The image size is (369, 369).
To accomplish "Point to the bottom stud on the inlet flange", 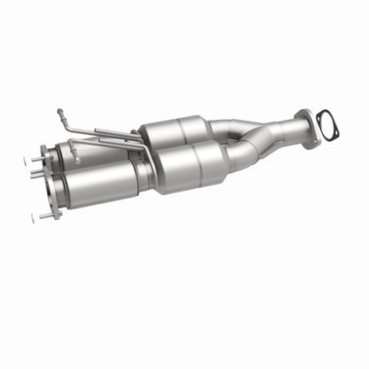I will (45, 216).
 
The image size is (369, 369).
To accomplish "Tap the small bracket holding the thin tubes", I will (133, 143).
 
